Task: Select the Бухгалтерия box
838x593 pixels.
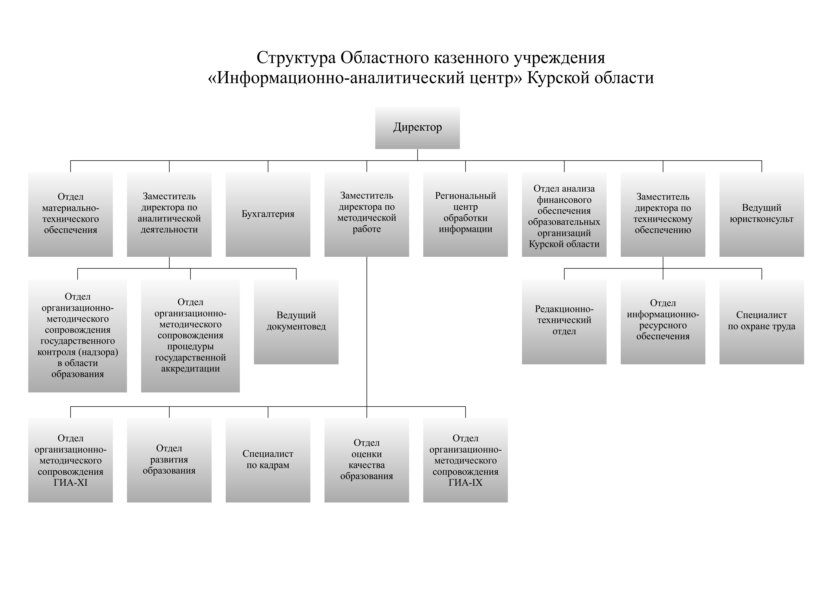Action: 268,214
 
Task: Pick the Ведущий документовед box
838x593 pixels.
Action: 296,322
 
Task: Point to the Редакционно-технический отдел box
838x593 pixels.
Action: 564,322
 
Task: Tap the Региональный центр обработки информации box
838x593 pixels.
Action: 465,214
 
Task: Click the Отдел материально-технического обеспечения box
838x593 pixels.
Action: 70,214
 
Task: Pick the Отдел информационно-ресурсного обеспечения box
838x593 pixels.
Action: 663,322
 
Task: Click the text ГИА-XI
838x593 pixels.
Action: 70,482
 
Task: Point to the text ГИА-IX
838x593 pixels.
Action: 465,482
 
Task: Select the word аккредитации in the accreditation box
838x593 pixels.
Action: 191,369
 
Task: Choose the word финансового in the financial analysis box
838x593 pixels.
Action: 564,200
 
